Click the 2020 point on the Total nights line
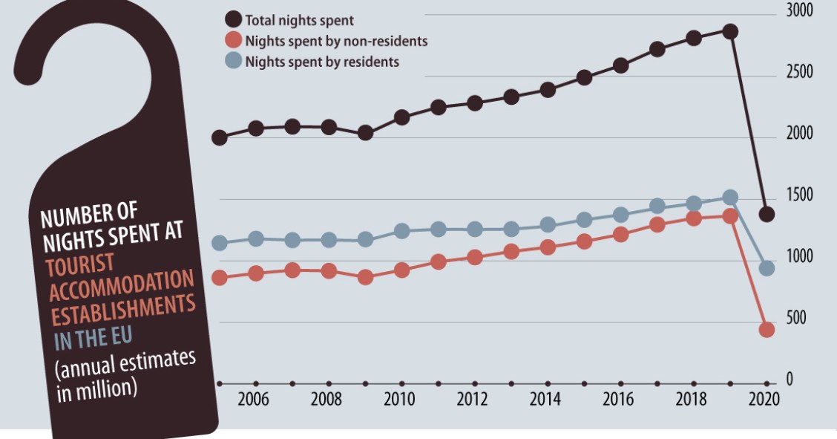pos(767,214)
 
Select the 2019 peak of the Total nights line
pos(730,31)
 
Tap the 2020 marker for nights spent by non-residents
pos(767,329)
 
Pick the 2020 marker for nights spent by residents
pos(767,268)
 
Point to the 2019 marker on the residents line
pos(730,198)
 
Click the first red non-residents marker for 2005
pos(220,278)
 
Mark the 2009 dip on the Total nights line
pos(365,133)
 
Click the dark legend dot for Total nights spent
pos(234,20)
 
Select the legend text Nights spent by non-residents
pos(336,41)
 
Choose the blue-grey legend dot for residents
pos(234,62)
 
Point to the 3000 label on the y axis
pos(800,11)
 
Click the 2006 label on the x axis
pos(253,400)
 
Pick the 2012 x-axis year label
pos(472,400)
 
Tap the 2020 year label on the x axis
pos(764,400)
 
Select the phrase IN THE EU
pos(93,338)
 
